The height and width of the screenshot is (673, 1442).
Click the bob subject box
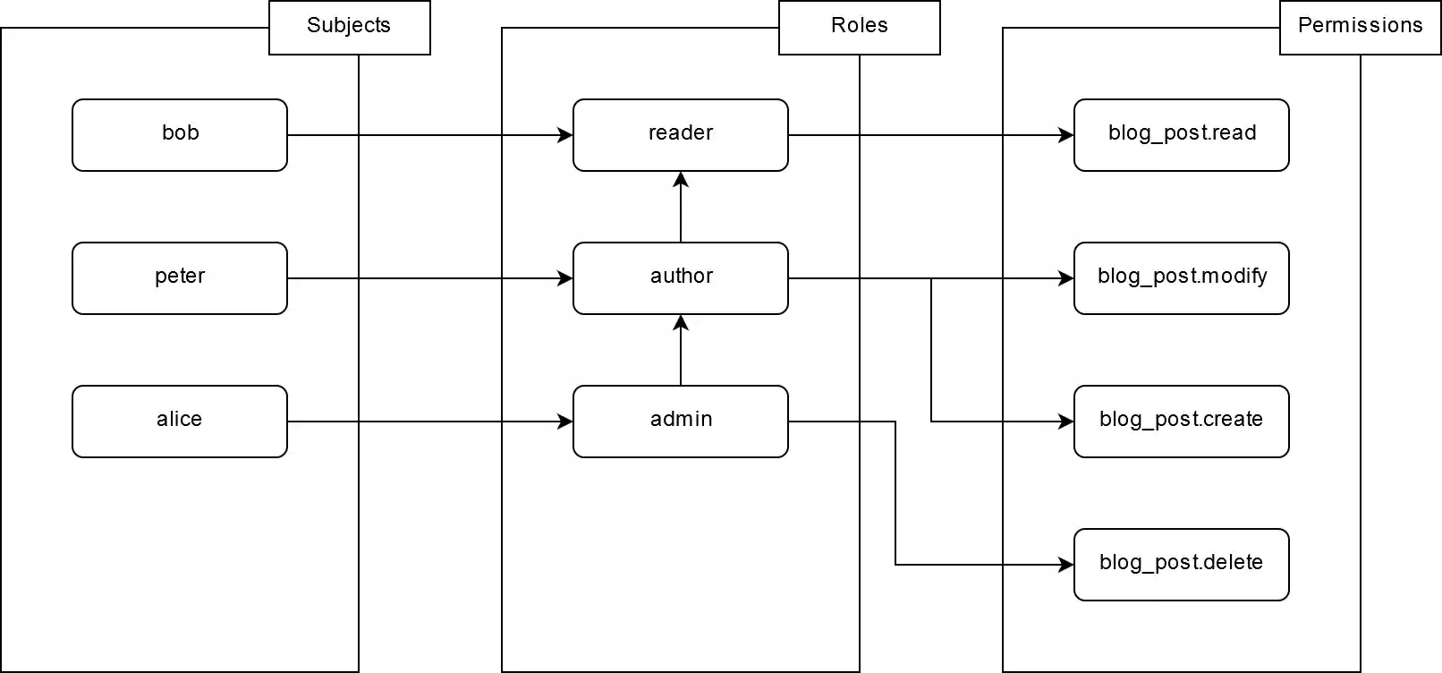pos(180,135)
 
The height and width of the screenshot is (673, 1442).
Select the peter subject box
pos(180,278)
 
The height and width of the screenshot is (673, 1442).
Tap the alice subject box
pos(180,422)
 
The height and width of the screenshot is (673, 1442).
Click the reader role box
pos(681,135)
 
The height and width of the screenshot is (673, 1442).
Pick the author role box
pos(681,278)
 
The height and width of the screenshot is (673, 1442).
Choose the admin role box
pos(681,422)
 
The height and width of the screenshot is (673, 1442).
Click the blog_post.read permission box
pos(1182,135)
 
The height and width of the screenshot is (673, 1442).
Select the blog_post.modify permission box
pos(1182,278)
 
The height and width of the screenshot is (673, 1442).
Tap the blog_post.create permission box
pos(1182,422)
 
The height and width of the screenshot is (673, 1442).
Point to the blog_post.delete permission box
pos(1182,565)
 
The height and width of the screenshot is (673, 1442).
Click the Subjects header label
pos(349,26)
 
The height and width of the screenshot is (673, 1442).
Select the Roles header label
pos(860,26)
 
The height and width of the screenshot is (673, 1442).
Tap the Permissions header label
pos(1360,26)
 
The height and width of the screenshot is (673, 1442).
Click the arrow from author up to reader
pos(681,208)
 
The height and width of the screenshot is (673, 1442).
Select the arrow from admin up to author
pos(681,351)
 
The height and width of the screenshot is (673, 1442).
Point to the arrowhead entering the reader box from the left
pos(565,135)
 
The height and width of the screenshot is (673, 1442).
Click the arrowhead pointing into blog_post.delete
pos(1066,565)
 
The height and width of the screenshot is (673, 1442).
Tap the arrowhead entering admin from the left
pos(565,422)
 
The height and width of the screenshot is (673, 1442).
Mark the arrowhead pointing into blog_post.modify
pos(1066,278)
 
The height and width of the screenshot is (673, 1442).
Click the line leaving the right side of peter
pos(322,278)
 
